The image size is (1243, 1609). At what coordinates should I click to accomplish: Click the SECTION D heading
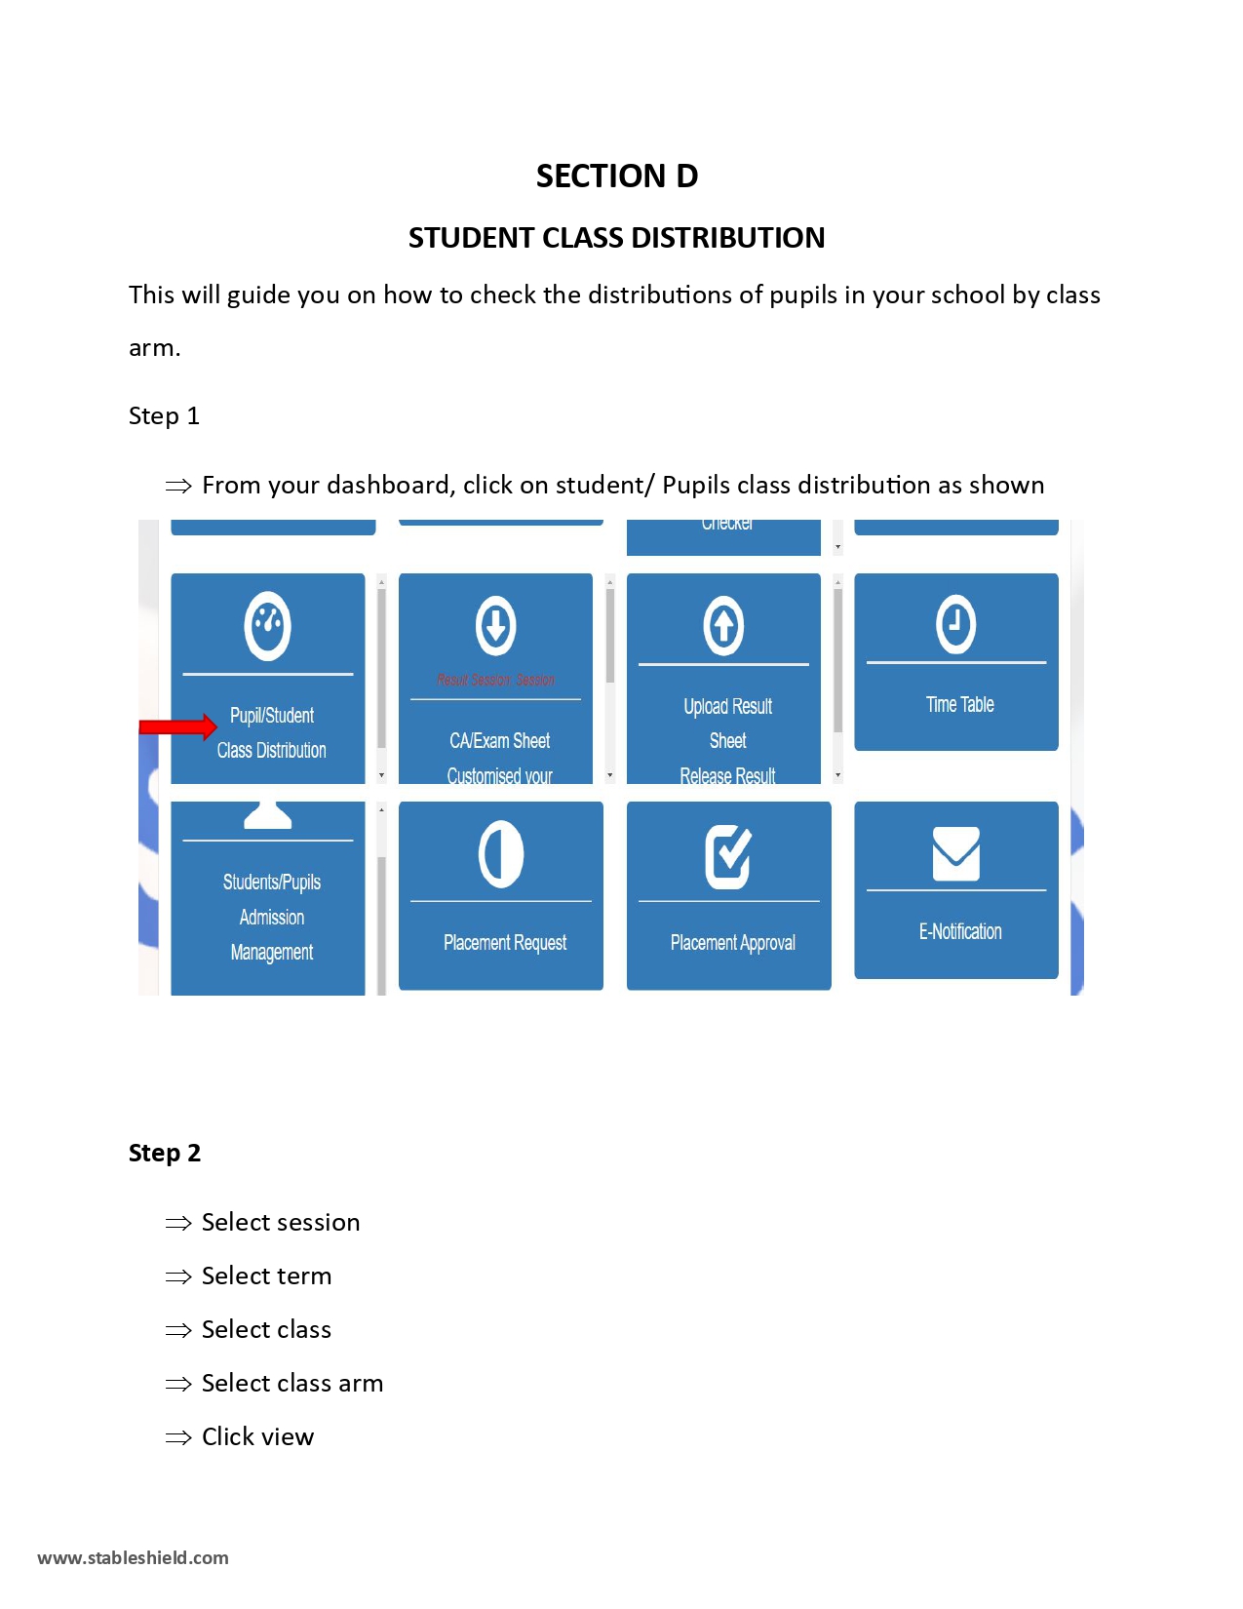616,177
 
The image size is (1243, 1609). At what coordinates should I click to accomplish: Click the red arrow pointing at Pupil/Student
177,726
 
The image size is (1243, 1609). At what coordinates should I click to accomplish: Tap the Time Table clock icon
955,624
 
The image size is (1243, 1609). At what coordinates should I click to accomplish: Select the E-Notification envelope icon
955,853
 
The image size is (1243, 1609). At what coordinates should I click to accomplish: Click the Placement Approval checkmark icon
728,856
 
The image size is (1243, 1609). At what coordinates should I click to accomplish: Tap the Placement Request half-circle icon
501,854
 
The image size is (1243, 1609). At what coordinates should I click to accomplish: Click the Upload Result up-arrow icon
723,625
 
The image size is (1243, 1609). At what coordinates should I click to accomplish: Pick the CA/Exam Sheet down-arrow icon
495,625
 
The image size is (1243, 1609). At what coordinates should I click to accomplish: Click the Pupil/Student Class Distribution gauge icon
267,625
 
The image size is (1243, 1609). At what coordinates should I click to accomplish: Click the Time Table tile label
959,705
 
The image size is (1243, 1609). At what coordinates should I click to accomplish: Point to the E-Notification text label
959,932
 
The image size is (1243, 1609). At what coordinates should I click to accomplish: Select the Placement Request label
504,943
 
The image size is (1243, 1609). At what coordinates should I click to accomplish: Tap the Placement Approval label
732,943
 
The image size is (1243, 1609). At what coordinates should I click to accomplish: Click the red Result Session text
495,681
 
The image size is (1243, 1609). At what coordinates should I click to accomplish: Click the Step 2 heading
164,1154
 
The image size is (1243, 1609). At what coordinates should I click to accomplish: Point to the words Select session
280,1223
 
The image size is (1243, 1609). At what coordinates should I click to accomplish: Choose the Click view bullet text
257,1437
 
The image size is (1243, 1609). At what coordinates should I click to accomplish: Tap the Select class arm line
291,1384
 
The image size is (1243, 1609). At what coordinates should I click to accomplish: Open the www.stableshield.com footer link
133,1558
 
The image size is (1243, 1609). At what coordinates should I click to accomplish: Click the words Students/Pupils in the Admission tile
271,883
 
